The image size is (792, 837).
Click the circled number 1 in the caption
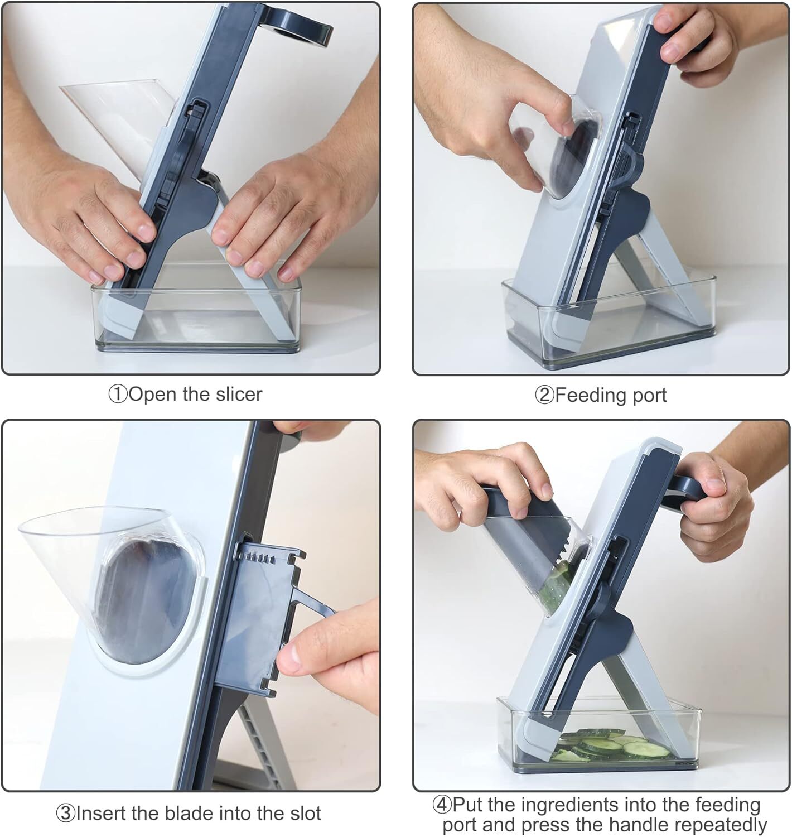118,395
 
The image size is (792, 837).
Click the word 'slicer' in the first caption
239,395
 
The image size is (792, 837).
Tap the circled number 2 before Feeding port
544,396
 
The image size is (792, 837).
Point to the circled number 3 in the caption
66,814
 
